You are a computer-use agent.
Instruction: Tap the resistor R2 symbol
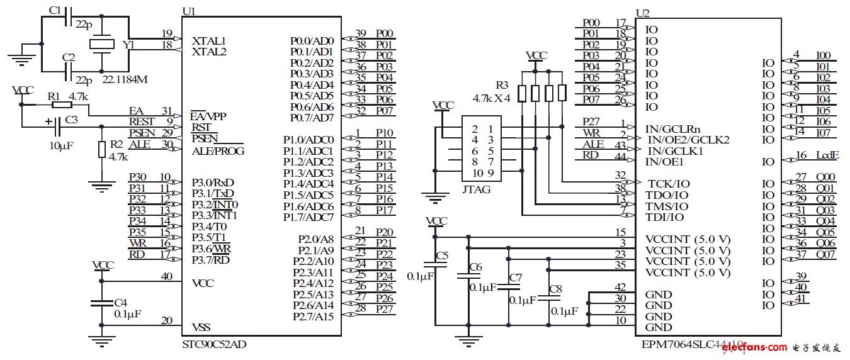[x=102, y=150]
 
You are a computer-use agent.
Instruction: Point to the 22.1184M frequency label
[x=125, y=80]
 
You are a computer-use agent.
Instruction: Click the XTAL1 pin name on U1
[x=208, y=40]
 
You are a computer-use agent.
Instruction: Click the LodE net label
[x=827, y=156]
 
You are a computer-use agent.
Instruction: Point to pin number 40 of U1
[x=166, y=276]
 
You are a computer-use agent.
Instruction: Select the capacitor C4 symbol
[x=102, y=303]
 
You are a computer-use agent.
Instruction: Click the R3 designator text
[x=501, y=84]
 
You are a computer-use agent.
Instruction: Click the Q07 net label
[x=825, y=255]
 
